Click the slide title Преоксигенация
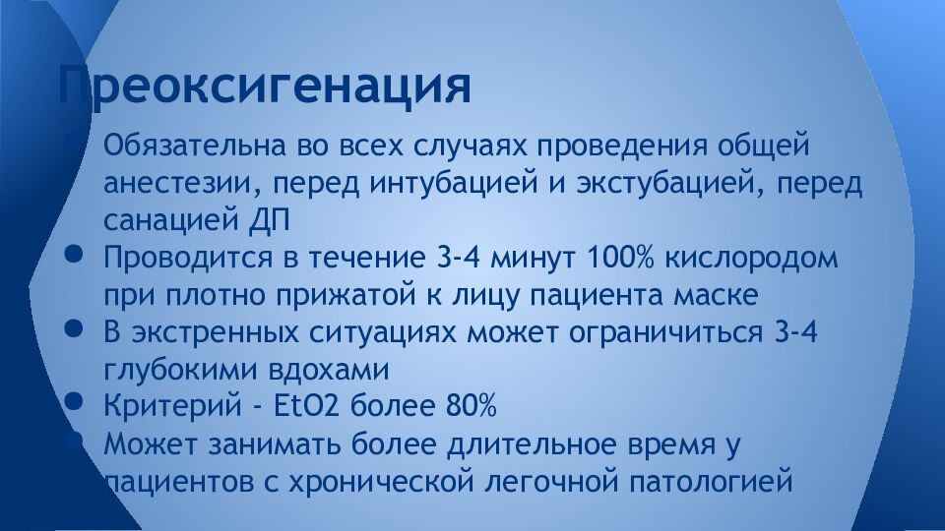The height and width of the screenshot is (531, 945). (x=264, y=86)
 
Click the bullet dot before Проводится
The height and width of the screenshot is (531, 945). (x=74, y=253)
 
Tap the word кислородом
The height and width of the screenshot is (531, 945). (x=751, y=259)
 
